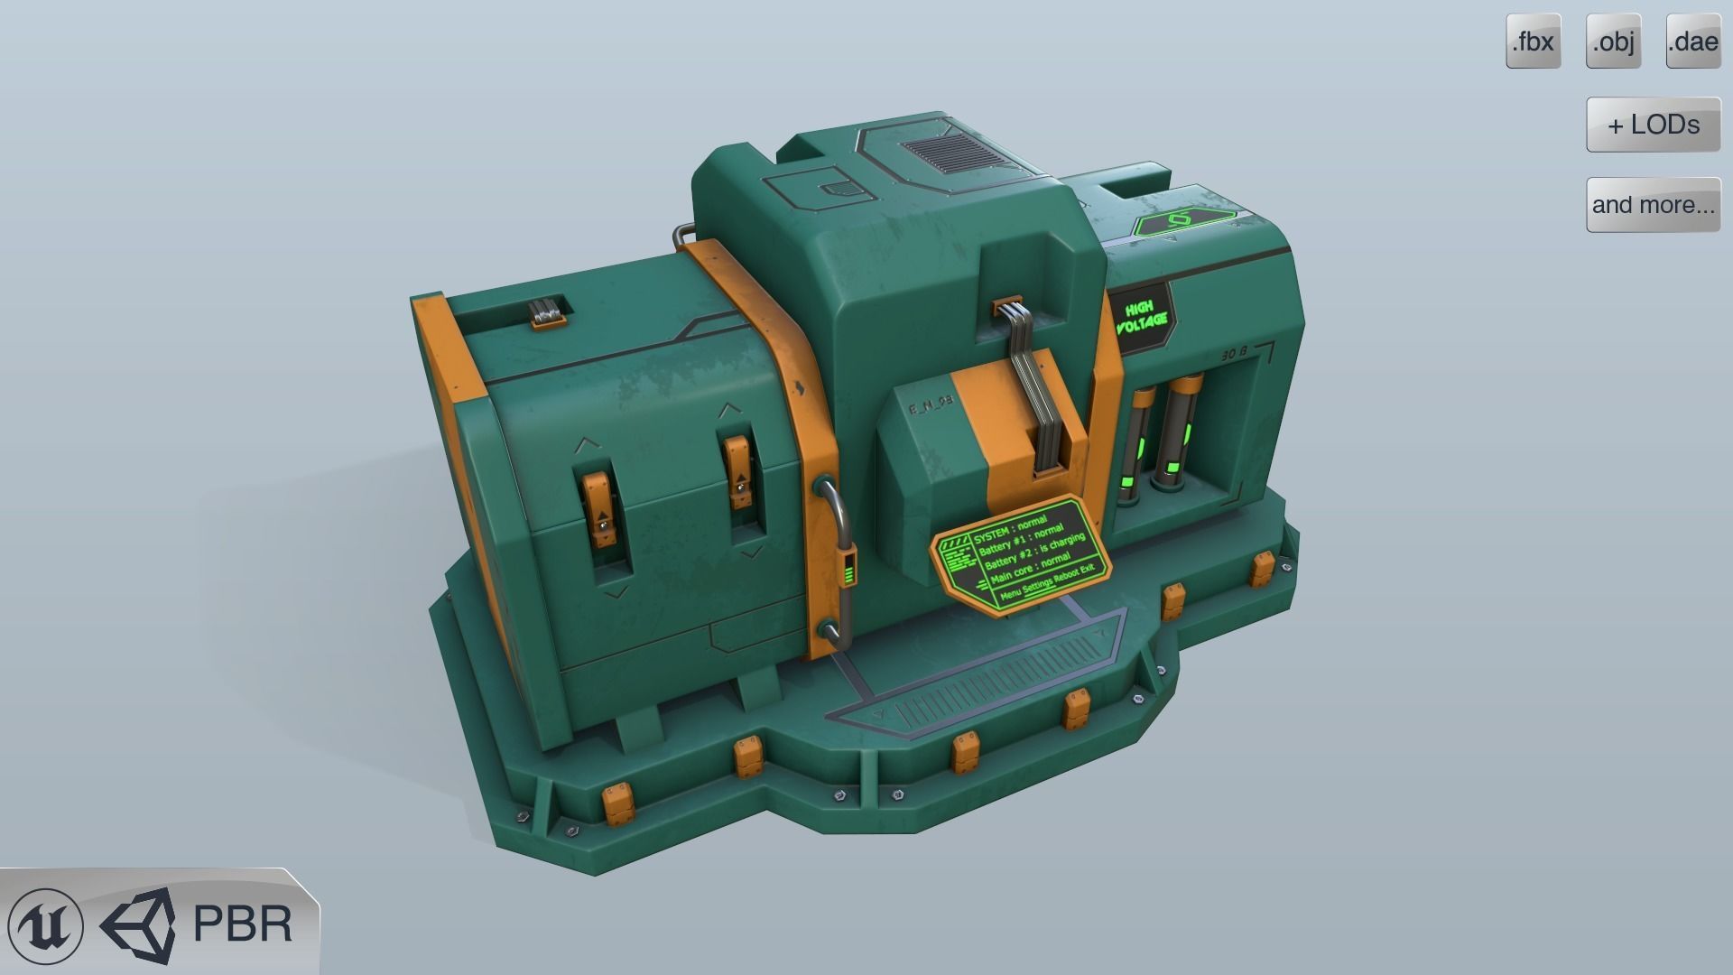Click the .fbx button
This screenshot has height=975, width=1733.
[1533, 42]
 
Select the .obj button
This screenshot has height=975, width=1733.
[1613, 42]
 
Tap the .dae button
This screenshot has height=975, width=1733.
[1692, 42]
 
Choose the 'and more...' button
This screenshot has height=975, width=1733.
[1653, 205]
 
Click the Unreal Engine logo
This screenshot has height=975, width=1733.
[45, 925]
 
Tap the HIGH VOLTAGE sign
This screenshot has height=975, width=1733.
[1143, 315]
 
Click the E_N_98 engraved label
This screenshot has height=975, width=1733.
[930, 407]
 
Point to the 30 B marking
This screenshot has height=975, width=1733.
[1234, 355]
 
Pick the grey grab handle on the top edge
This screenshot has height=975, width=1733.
[683, 235]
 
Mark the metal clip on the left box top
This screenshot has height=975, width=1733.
[547, 315]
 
